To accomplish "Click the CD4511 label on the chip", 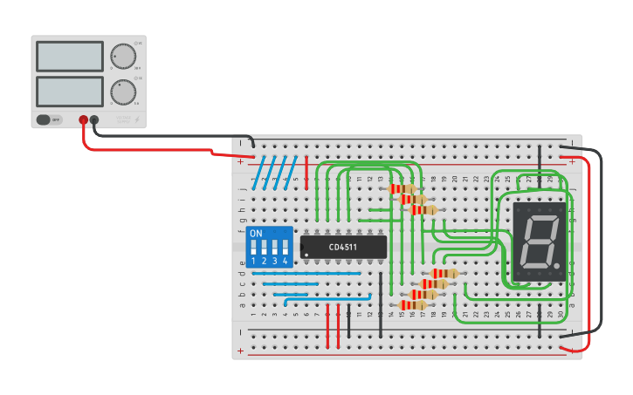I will pyautogui.click(x=343, y=247).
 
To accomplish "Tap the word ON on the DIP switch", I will pyautogui.click(x=256, y=234).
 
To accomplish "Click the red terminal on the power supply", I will pyautogui.click(x=84, y=120).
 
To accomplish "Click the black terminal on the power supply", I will pyautogui.click(x=94, y=120).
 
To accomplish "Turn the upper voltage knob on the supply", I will pyautogui.click(x=123, y=57).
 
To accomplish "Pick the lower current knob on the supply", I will pyautogui.click(x=123, y=92).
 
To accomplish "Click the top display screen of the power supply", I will pyautogui.click(x=70, y=57).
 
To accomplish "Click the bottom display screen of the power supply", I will pyautogui.click(x=70, y=91).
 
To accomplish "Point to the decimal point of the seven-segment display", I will pyautogui.click(x=556, y=265).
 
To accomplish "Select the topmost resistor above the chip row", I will pyautogui.click(x=402, y=188).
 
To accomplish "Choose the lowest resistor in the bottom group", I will pyautogui.click(x=411, y=304).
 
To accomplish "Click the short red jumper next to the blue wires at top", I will pyautogui.click(x=307, y=166).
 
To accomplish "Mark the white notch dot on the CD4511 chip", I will pyautogui.click(x=306, y=255).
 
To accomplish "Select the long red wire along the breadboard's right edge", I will pyautogui.click(x=588, y=253).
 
